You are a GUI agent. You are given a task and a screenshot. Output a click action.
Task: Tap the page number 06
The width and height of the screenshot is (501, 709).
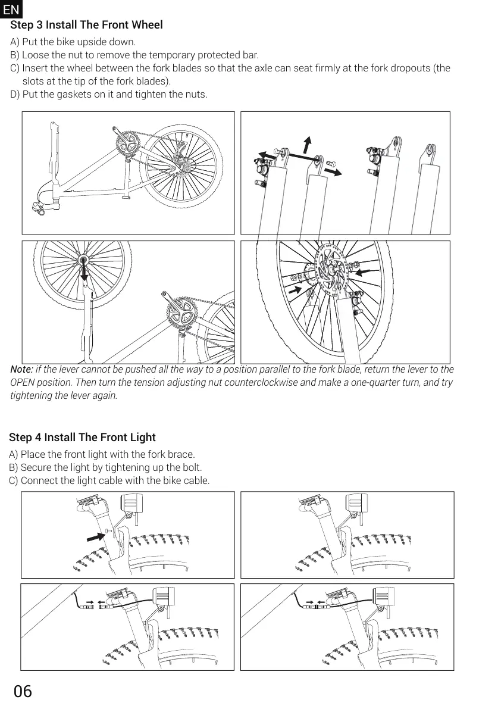coord(23,691)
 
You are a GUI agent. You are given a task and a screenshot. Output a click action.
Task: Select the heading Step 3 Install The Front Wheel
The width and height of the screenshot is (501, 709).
coord(86,25)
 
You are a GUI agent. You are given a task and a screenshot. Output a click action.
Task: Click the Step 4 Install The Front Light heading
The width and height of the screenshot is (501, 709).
coord(82,438)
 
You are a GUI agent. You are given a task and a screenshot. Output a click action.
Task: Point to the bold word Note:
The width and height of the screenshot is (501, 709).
coord(21,370)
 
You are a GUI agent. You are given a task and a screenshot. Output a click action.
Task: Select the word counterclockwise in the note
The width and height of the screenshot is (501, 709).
coord(261,382)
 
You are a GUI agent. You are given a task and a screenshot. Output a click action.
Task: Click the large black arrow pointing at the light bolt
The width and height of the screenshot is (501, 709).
coord(96,536)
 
